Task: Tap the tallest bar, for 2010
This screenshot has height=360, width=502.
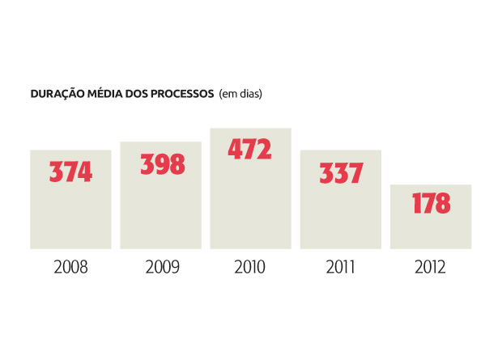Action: [x=250, y=202]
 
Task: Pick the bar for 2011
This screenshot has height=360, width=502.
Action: [x=340, y=214]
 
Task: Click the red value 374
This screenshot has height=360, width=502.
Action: [x=70, y=172]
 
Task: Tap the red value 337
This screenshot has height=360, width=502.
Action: [x=341, y=172]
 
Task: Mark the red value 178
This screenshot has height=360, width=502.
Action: [x=431, y=203]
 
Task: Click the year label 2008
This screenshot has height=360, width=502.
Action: [x=70, y=267]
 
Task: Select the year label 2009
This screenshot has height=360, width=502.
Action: [x=161, y=267]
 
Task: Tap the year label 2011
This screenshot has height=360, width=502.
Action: [x=340, y=267]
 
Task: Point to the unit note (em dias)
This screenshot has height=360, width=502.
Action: [x=240, y=94]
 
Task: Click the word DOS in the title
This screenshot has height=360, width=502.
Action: [x=134, y=94]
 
